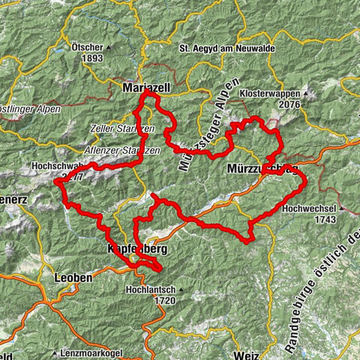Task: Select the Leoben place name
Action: (73, 277)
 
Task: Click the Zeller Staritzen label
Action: (121, 129)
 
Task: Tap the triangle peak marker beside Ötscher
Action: (106, 45)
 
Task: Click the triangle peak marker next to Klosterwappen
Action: (304, 94)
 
